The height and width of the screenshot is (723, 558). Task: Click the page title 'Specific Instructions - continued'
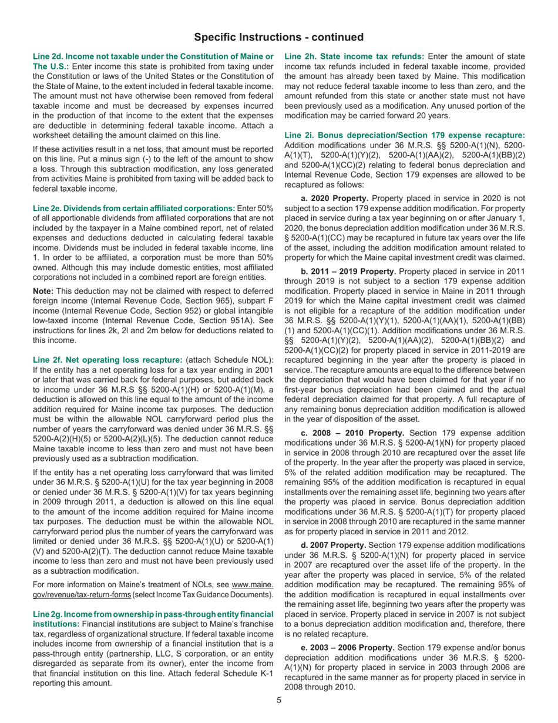[x=279, y=37]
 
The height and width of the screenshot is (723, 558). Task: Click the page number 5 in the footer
[x=280, y=699]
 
